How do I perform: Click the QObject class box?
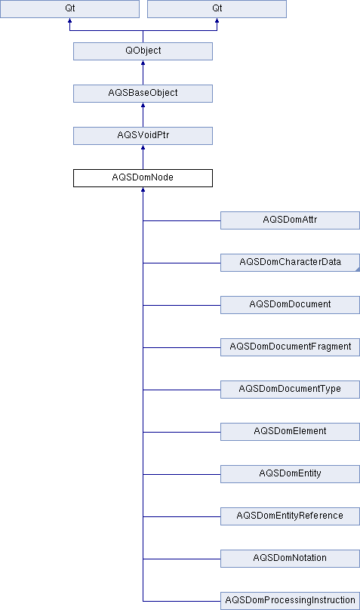[x=143, y=51]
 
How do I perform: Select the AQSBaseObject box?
[x=143, y=94]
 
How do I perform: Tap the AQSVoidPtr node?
[x=143, y=136]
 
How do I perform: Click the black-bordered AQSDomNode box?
[x=143, y=178]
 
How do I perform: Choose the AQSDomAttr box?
[x=290, y=220]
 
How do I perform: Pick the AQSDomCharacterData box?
[x=290, y=263]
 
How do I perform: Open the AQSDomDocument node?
[x=290, y=305]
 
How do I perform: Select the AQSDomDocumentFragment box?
[x=290, y=347]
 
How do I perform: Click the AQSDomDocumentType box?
[x=290, y=390]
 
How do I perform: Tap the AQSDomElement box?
[x=290, y=432]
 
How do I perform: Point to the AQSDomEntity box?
[x=290, y=474]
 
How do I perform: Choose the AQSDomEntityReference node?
[x=290, y=516]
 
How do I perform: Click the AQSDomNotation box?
[x=290, y=559]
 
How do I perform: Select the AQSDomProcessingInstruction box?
[x=290, y=601]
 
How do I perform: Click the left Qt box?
[x=69, y=9]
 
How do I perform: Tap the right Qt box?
[x=217, y=9]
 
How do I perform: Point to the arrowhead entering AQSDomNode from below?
[x=143, y=189]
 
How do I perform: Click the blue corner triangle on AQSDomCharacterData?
[x=358, y=269]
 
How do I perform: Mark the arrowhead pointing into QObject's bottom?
[x=143, y=63]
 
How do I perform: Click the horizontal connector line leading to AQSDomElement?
[x=182, y=432]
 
